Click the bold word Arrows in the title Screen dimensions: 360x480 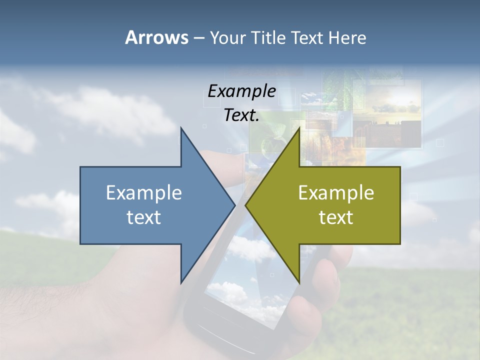point(156,37)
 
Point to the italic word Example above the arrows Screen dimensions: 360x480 point(241,91)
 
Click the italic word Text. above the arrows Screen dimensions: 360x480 point(241,115)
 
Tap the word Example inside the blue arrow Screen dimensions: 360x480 point(144,192)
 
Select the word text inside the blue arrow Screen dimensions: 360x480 point(144,217)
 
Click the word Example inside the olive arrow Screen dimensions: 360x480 point(336,192)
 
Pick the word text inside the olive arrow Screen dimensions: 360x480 point(336,217)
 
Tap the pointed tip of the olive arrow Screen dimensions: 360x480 point(246,205)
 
